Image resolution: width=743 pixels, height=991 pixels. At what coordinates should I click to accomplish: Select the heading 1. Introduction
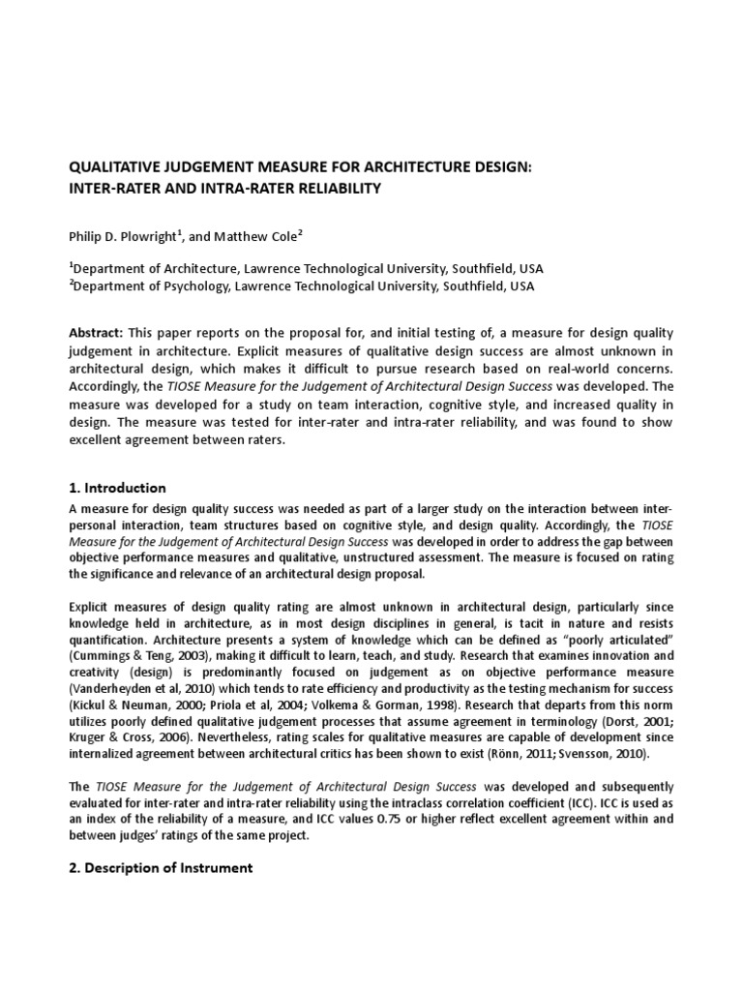click(117, 488)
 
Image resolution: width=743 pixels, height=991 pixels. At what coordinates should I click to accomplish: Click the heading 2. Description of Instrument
click(161, 867)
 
